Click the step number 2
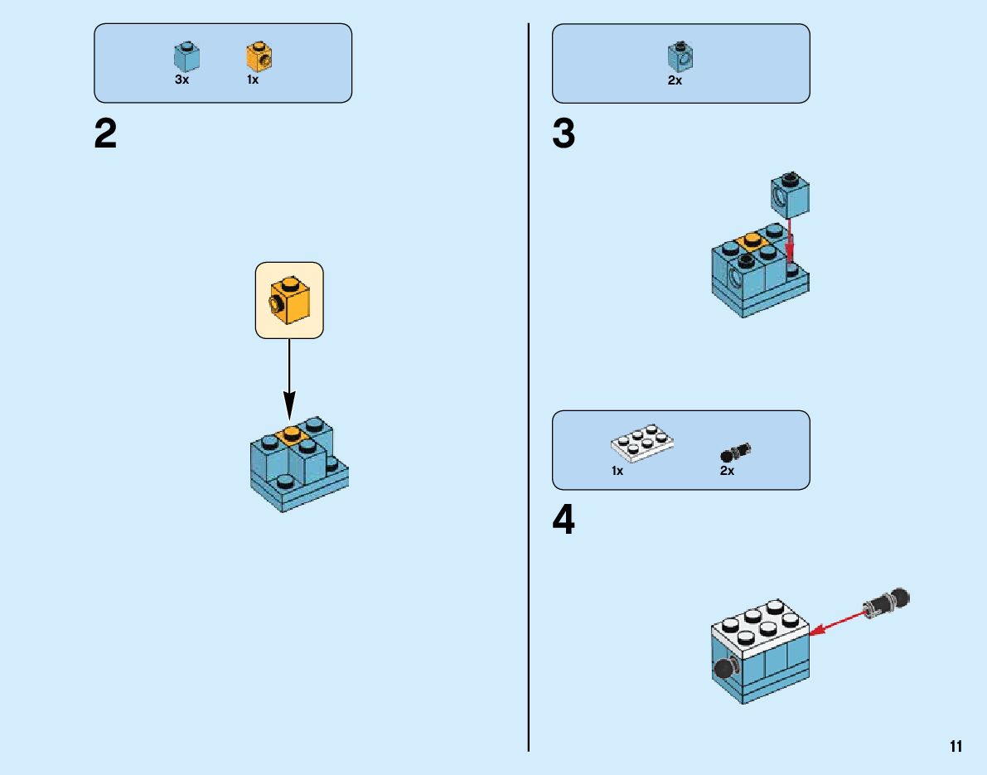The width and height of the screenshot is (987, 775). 106,134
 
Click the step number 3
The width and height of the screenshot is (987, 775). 564,134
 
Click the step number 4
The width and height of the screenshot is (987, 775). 564,520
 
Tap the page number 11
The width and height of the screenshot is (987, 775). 956,747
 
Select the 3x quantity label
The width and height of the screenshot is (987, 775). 181,80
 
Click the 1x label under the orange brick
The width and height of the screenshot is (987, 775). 253,80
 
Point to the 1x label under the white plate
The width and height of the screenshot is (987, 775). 617,470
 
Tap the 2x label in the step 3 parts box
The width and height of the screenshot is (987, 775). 675,80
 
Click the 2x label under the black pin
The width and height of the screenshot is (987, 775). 727,470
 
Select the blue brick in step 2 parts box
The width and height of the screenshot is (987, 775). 186,56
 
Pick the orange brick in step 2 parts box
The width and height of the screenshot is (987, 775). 259,56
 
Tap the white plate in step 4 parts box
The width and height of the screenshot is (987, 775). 642,443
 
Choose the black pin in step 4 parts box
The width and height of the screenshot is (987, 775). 735,452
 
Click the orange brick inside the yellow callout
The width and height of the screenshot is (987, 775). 289,301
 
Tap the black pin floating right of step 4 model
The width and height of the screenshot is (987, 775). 886,603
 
